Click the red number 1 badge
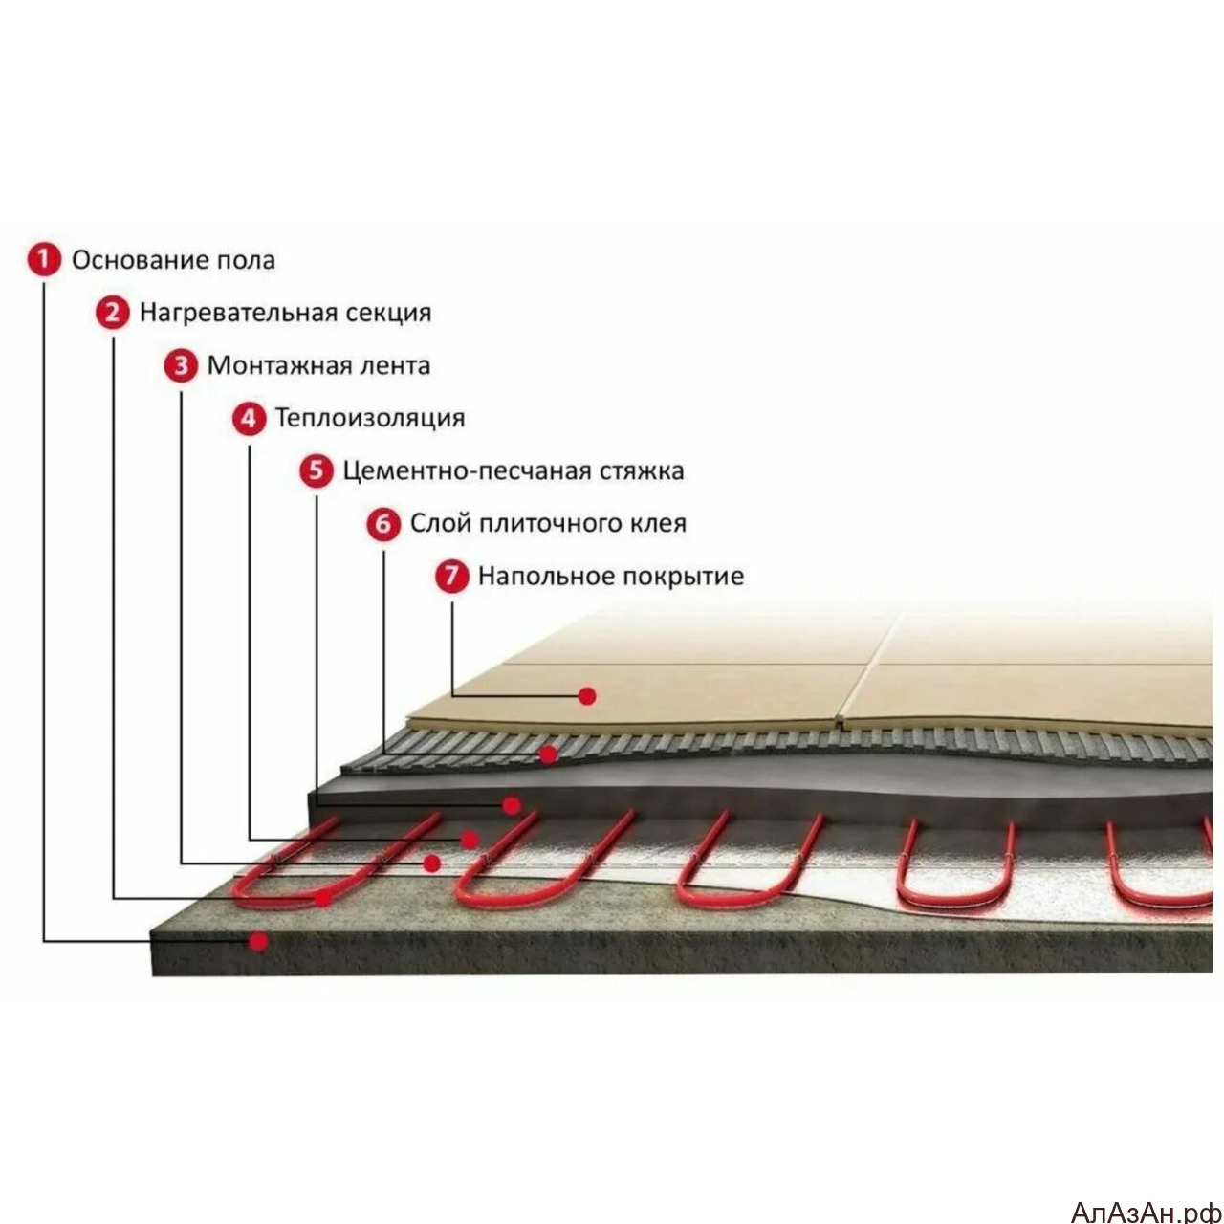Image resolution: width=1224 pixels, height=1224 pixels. click(x=44, y=260)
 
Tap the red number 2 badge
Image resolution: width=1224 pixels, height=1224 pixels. click(x=113, y=313)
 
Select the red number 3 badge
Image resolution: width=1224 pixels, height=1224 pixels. click(x=181, y=365)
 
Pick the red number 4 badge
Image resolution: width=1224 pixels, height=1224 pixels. click(x=249, y=419)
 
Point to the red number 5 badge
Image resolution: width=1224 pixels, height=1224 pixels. click(x=317, y=471)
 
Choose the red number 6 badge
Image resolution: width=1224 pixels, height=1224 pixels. click(x=383, y=524)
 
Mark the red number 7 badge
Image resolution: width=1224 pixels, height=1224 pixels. click(x=451, y=577)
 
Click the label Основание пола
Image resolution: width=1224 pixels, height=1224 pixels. click(x=173, y=260)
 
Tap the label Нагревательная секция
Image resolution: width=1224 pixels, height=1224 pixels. click(x=285, y=313)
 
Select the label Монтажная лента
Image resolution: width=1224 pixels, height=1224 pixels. click(x=318, y=366)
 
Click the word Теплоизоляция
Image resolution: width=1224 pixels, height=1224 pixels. click(x=370, y=419)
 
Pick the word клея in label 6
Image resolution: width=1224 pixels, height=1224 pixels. click(x=658, y=525)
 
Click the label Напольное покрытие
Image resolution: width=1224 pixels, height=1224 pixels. click(x=611, y=577)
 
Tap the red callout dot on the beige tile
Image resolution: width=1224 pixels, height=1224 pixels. click(x=587, y=697)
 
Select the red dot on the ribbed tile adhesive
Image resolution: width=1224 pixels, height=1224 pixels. click(x=548, y=754)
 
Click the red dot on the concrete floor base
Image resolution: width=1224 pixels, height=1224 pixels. click(x=258, y=941)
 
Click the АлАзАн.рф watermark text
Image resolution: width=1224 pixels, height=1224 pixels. click(x=1147, y=1211)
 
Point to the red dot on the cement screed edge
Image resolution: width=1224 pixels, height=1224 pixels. click(x=512, y=806)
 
